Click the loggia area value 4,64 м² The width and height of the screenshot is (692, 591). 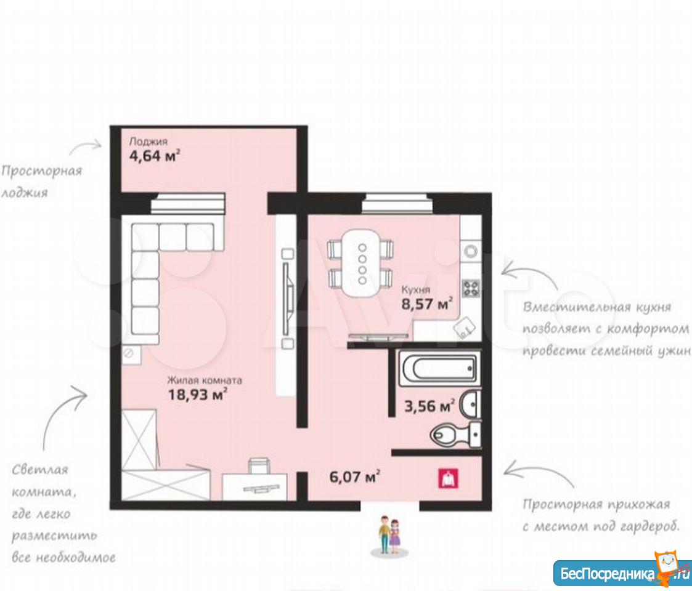(155, 156)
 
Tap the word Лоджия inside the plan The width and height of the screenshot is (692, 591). (149, 142)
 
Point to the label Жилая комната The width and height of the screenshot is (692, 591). (205, 380)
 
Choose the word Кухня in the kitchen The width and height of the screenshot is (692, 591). (415, 289)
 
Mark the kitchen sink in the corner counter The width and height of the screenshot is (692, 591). (465, 328)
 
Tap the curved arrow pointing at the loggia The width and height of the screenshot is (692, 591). (86, 147)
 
